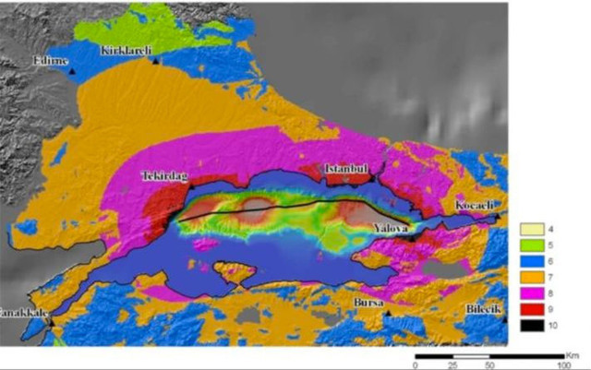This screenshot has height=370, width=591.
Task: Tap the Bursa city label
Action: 368,302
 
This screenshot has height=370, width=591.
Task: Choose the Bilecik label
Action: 483,309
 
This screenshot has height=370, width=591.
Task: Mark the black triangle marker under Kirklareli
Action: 156,60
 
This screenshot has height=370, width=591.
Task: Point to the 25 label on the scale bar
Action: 452,364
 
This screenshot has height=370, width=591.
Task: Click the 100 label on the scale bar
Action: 561,364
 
